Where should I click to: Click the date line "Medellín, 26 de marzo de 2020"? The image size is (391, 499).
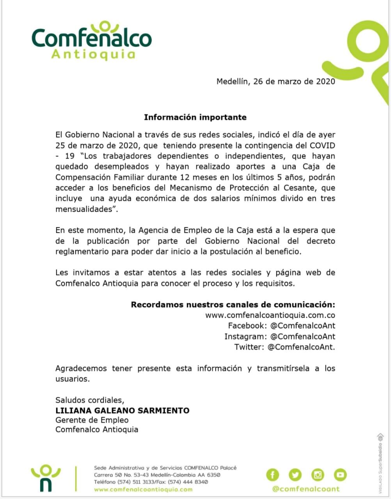click(x=275, y=81)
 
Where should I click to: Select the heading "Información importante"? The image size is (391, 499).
click(x=195, y=117)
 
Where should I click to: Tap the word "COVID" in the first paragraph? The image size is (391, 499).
click(x=322, y=145)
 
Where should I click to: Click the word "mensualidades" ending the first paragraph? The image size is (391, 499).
click(x=84, y=209)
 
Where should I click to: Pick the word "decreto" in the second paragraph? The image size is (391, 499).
click(x=320, y=241)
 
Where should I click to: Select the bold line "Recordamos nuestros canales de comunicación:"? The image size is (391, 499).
click(x=233, y=304)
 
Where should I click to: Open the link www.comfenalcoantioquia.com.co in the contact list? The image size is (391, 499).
click(x=270, y=315)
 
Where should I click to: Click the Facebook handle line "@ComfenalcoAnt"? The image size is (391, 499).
click(x=302, y=326)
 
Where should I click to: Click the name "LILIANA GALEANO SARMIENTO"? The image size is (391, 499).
click(x=123, y=410)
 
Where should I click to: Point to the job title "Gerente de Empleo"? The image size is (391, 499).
click(x=92, y=420)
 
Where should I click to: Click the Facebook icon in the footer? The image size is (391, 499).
click(x=273, y=474)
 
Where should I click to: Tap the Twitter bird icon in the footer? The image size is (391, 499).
click(x=295, y=474)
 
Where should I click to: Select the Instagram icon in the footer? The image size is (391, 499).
click(x=318, y=474)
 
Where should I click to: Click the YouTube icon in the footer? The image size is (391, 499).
click(x=340, y=474)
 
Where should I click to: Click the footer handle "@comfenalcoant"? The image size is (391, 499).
click(x=306, y=489)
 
